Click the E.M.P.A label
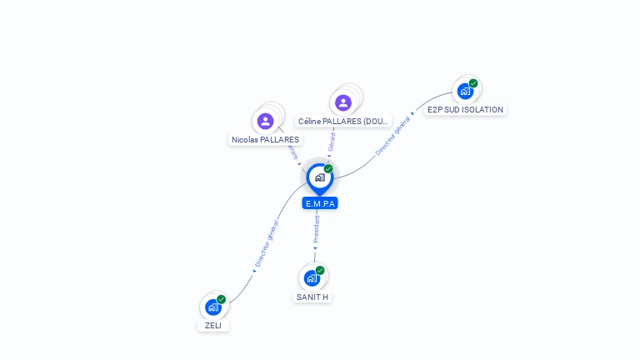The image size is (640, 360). click(x=320, y=203)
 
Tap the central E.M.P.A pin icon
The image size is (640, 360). click(x=319, y=177)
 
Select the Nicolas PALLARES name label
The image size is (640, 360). click(x=265, y=139)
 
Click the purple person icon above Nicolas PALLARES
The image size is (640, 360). click(x=266, y=122)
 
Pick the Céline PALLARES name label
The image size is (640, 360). click(x=343, y=122)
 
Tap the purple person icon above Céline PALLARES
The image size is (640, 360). click(x=343, y=102)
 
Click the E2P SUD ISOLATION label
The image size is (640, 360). click(x=465, y=109)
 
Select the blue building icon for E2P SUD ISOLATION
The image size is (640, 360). click(x=465, y=91)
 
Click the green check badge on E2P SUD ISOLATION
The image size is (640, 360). click(x=473, y=82)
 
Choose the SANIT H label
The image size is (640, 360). click(x=312, y=297)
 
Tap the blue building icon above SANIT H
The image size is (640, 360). click(x=312, y=278)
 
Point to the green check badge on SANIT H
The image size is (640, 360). click(x=320, y=270)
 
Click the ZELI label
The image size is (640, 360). click(x=213, y=325)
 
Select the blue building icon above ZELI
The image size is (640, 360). click(x=213, y=307)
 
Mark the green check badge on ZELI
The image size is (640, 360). click(x=222, y=299)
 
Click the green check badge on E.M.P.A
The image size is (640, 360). click(x=328, y=168)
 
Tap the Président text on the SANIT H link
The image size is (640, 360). click(x=317, y=229)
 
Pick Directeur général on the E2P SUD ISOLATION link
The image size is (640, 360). click(x=392, y=136)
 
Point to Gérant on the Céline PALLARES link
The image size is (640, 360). click(x=332, y=142)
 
